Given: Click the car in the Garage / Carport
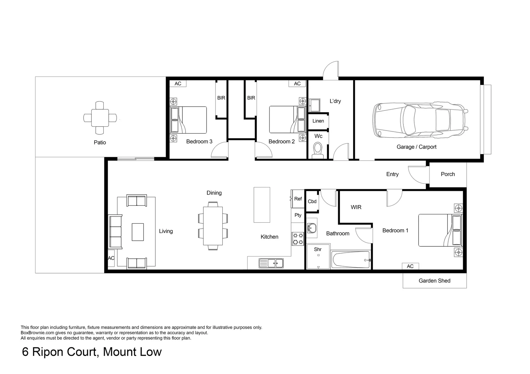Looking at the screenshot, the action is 420,120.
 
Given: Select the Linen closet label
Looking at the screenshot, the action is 318,121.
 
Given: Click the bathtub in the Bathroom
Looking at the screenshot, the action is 351,260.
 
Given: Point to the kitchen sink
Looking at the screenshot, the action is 271,263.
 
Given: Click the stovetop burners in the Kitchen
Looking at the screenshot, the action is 298,239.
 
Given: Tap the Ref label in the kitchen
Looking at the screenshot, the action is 298,199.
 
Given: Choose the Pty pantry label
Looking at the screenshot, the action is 298,215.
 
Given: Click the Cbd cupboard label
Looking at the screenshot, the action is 312,202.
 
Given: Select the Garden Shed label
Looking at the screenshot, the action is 434,281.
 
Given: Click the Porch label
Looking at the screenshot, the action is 448,174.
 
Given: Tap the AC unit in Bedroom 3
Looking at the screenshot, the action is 178,84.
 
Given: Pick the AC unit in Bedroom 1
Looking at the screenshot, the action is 410,266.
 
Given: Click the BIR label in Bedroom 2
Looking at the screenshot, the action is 251,98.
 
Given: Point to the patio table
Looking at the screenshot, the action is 100,118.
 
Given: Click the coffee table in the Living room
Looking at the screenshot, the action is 138,232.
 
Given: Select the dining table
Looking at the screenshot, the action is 213,226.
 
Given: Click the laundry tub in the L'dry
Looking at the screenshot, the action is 315,105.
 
